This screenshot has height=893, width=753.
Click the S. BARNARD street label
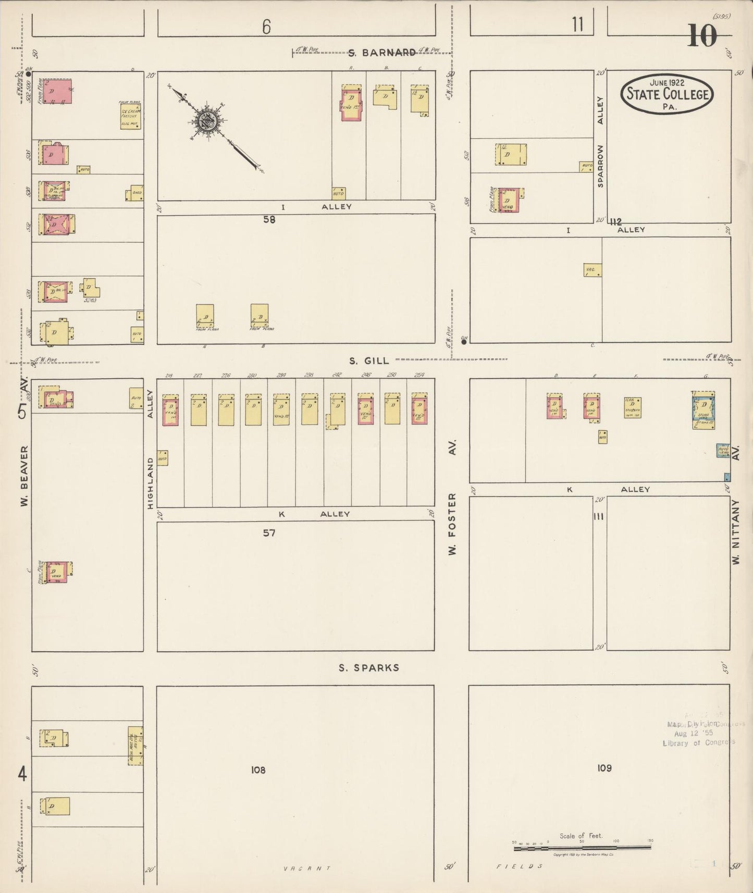[x=381, y=52]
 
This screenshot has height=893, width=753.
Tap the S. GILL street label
[x=369, y=361]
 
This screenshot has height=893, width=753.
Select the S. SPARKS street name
[x=369, y=667]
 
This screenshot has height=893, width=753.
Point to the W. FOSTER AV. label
[x=452, y=498]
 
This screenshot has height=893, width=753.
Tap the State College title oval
[x=667, y=94]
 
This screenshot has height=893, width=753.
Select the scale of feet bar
[x=582, y=848]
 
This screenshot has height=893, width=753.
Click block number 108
[x=258, y=770]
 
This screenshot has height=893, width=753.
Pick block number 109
[x=604, y=767]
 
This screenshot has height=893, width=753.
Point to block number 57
[x=269, y=532]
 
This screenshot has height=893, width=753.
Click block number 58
[x=269, y=219]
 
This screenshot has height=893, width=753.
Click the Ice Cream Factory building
[x=130, y=116]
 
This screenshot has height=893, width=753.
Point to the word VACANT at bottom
[x=307, y=868]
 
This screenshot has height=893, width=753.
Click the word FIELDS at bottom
[x=519, y=866]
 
